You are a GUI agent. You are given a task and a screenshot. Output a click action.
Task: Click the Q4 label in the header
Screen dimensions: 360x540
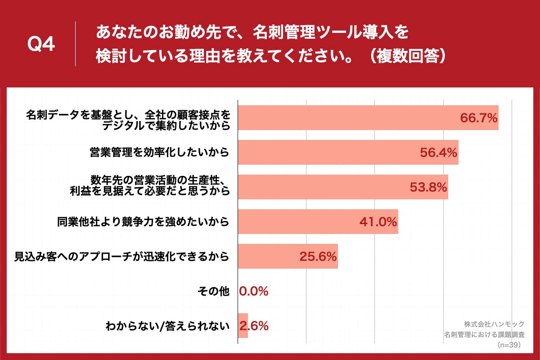click(41, 44)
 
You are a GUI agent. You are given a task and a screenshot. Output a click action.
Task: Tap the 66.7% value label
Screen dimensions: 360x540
click(478, 118)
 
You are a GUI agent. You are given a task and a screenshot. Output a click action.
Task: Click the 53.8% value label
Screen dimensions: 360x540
click(428, 187)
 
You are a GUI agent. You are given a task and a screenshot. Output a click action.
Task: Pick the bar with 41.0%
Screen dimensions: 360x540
click(297, 222)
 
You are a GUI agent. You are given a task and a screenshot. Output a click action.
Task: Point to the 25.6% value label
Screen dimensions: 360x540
click(318, 256)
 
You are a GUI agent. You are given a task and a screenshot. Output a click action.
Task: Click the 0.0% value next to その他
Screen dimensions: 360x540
click(254, 291)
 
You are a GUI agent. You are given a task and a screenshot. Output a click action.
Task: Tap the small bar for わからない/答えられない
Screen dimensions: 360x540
click(243, 326)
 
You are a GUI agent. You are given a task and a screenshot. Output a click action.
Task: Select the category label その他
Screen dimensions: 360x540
click(213, 292)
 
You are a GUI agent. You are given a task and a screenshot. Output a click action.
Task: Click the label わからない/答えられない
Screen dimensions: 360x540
click(167, 326)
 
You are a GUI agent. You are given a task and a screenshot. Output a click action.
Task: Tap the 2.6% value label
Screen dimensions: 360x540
click(255, 326)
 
